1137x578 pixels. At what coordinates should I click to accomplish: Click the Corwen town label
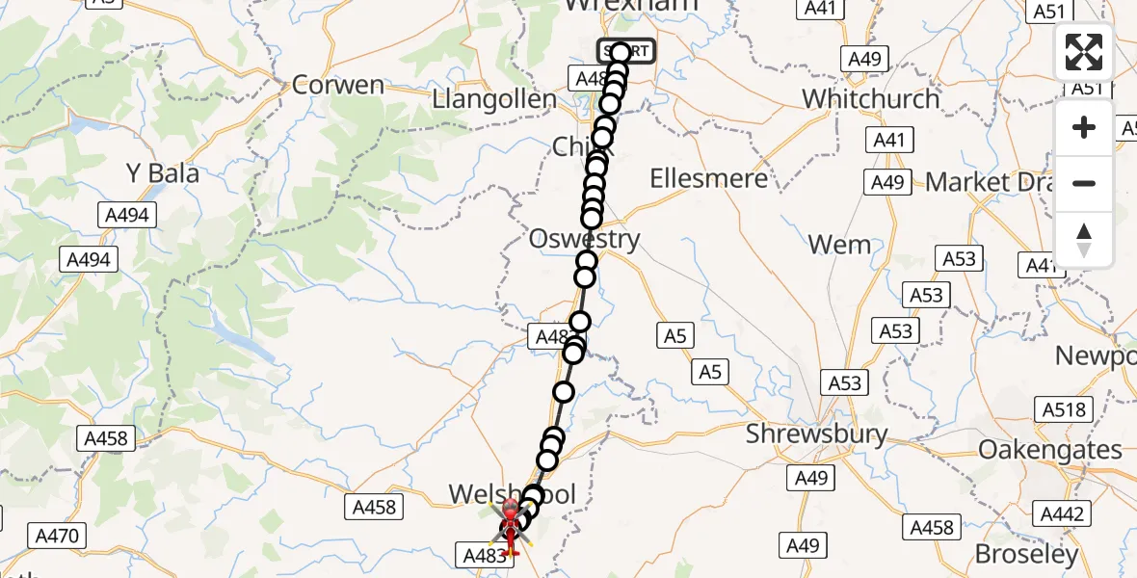pyautogui.click(x=337, y=85)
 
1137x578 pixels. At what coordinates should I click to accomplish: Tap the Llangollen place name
pyautogui.click(x=494, y=99)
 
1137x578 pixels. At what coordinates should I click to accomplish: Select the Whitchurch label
pyautogui.click(x=870, y=98)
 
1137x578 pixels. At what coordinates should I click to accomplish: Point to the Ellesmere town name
pyautogui.click(x=708, y=178)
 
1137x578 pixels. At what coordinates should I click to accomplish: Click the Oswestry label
pyautogui.click(x=584, y=239)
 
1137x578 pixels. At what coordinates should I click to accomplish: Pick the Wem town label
pyautogui.click(x=840, y=245)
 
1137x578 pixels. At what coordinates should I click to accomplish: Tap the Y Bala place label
pyautogui.click(x=163, y=173)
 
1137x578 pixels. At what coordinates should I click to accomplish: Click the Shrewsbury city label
pyautogui.click(x=817, y=434)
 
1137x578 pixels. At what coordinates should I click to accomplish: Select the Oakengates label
pyautogui.click(x=1050, y=450)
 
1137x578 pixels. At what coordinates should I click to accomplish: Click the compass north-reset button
pyautogui.click(x=1084, y=240)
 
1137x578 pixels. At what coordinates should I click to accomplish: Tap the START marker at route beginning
pyautogui.click(x=626, y=51)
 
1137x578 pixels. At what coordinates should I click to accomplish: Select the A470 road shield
pyautogui.click(x=61, y=536)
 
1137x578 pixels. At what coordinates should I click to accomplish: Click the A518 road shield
pyautogui.click(x=1064, y=409)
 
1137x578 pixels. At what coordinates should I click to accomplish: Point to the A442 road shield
pyautogui.click(x=1063, y=514)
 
